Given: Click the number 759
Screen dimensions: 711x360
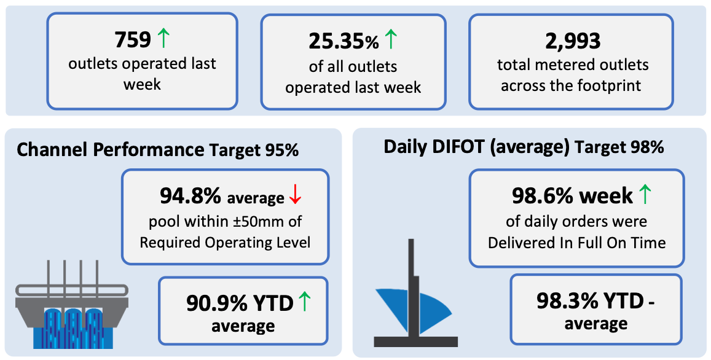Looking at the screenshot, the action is coord(133,40).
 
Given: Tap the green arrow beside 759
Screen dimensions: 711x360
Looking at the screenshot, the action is coord(163,38).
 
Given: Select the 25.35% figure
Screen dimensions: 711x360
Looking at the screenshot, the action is coord(344,42).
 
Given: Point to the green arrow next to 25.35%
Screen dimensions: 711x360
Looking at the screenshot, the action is coord(391,39).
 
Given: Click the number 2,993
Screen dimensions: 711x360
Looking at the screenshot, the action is coord(573,41).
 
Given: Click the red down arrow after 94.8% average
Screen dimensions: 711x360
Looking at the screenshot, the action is coord(295,195).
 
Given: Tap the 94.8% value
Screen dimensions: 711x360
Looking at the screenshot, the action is coord(191,196).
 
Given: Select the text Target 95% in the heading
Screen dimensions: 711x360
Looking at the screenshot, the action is coord(254,150).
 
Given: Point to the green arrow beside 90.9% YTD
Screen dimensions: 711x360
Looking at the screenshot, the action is coord(305,302).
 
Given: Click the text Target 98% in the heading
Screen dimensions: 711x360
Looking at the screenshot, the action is coord(619,147).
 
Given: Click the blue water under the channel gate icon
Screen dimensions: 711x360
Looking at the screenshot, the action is coord(73,328).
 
